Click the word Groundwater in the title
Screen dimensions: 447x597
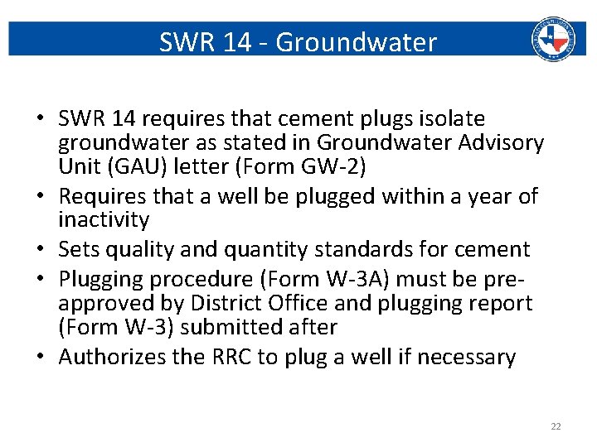click(356, 41)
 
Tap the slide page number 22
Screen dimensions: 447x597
click(556, 426)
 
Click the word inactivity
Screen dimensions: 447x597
click(104, 220)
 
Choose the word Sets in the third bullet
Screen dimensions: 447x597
click(80, 249)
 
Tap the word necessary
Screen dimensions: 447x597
click(467, 357)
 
